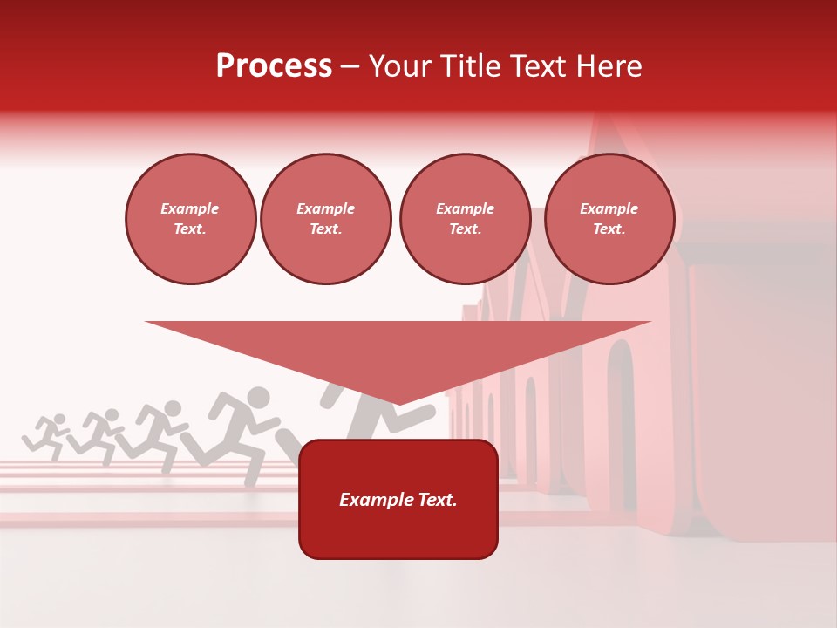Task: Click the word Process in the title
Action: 274,66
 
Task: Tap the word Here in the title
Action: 608,66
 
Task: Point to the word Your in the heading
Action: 401,66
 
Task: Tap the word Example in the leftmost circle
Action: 190,208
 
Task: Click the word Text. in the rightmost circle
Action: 609,229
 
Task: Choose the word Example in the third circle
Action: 465,208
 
